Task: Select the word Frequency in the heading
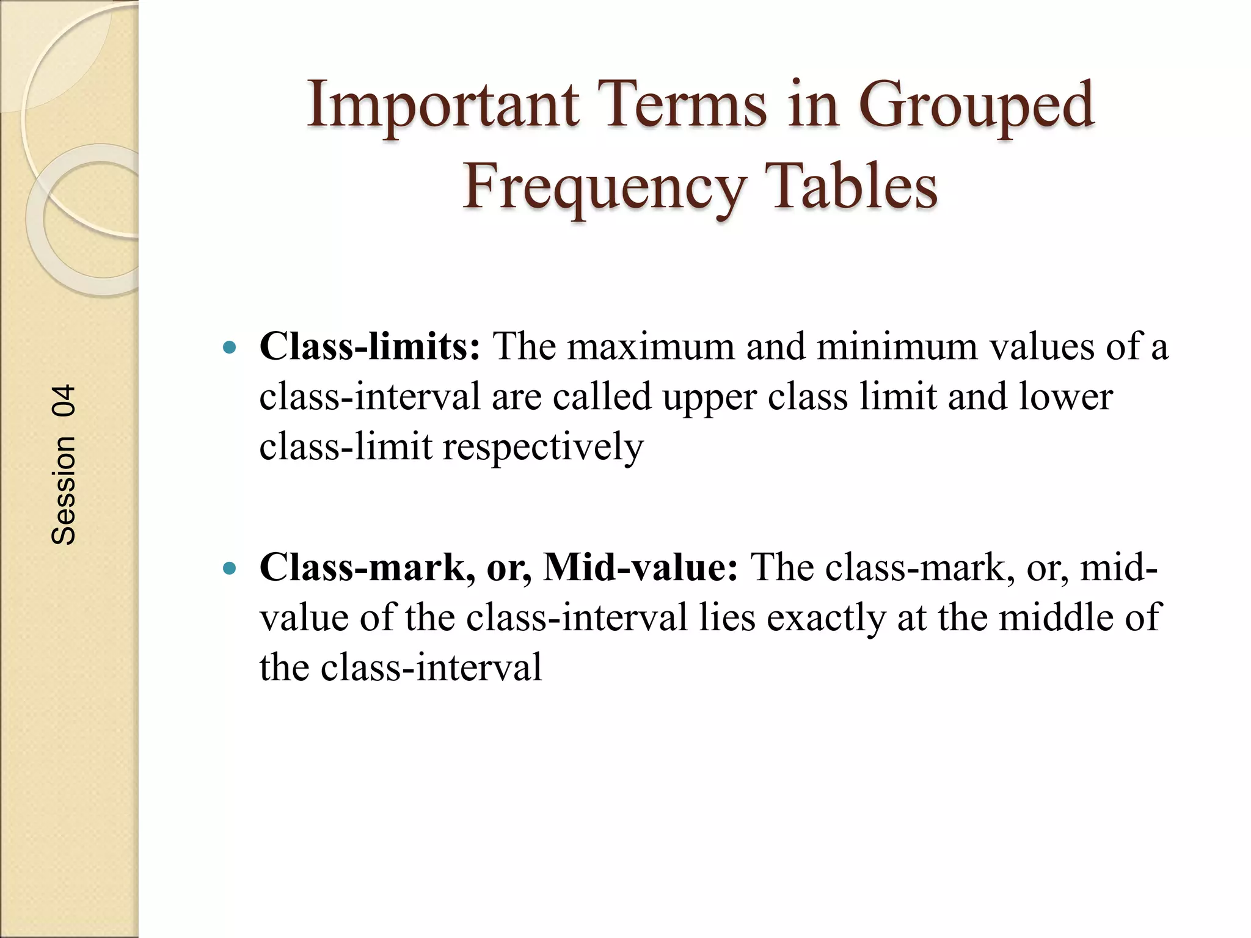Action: coord(604,186)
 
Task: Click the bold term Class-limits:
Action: coord(370,346)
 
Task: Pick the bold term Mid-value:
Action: coord(641,567)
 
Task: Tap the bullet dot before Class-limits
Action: coord(230,348)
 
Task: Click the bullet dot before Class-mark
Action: coord(230,569)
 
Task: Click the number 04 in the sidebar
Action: coord(64,401)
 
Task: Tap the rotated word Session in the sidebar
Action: coord(64,490)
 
